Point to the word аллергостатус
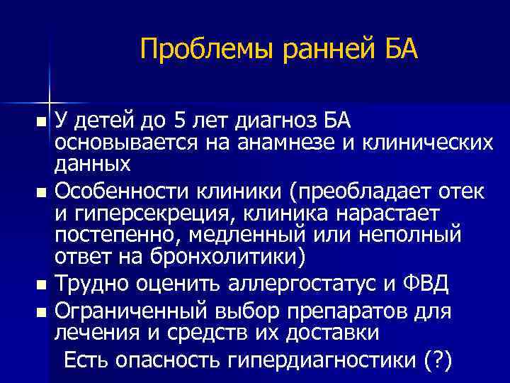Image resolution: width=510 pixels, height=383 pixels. tap(298, 284)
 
